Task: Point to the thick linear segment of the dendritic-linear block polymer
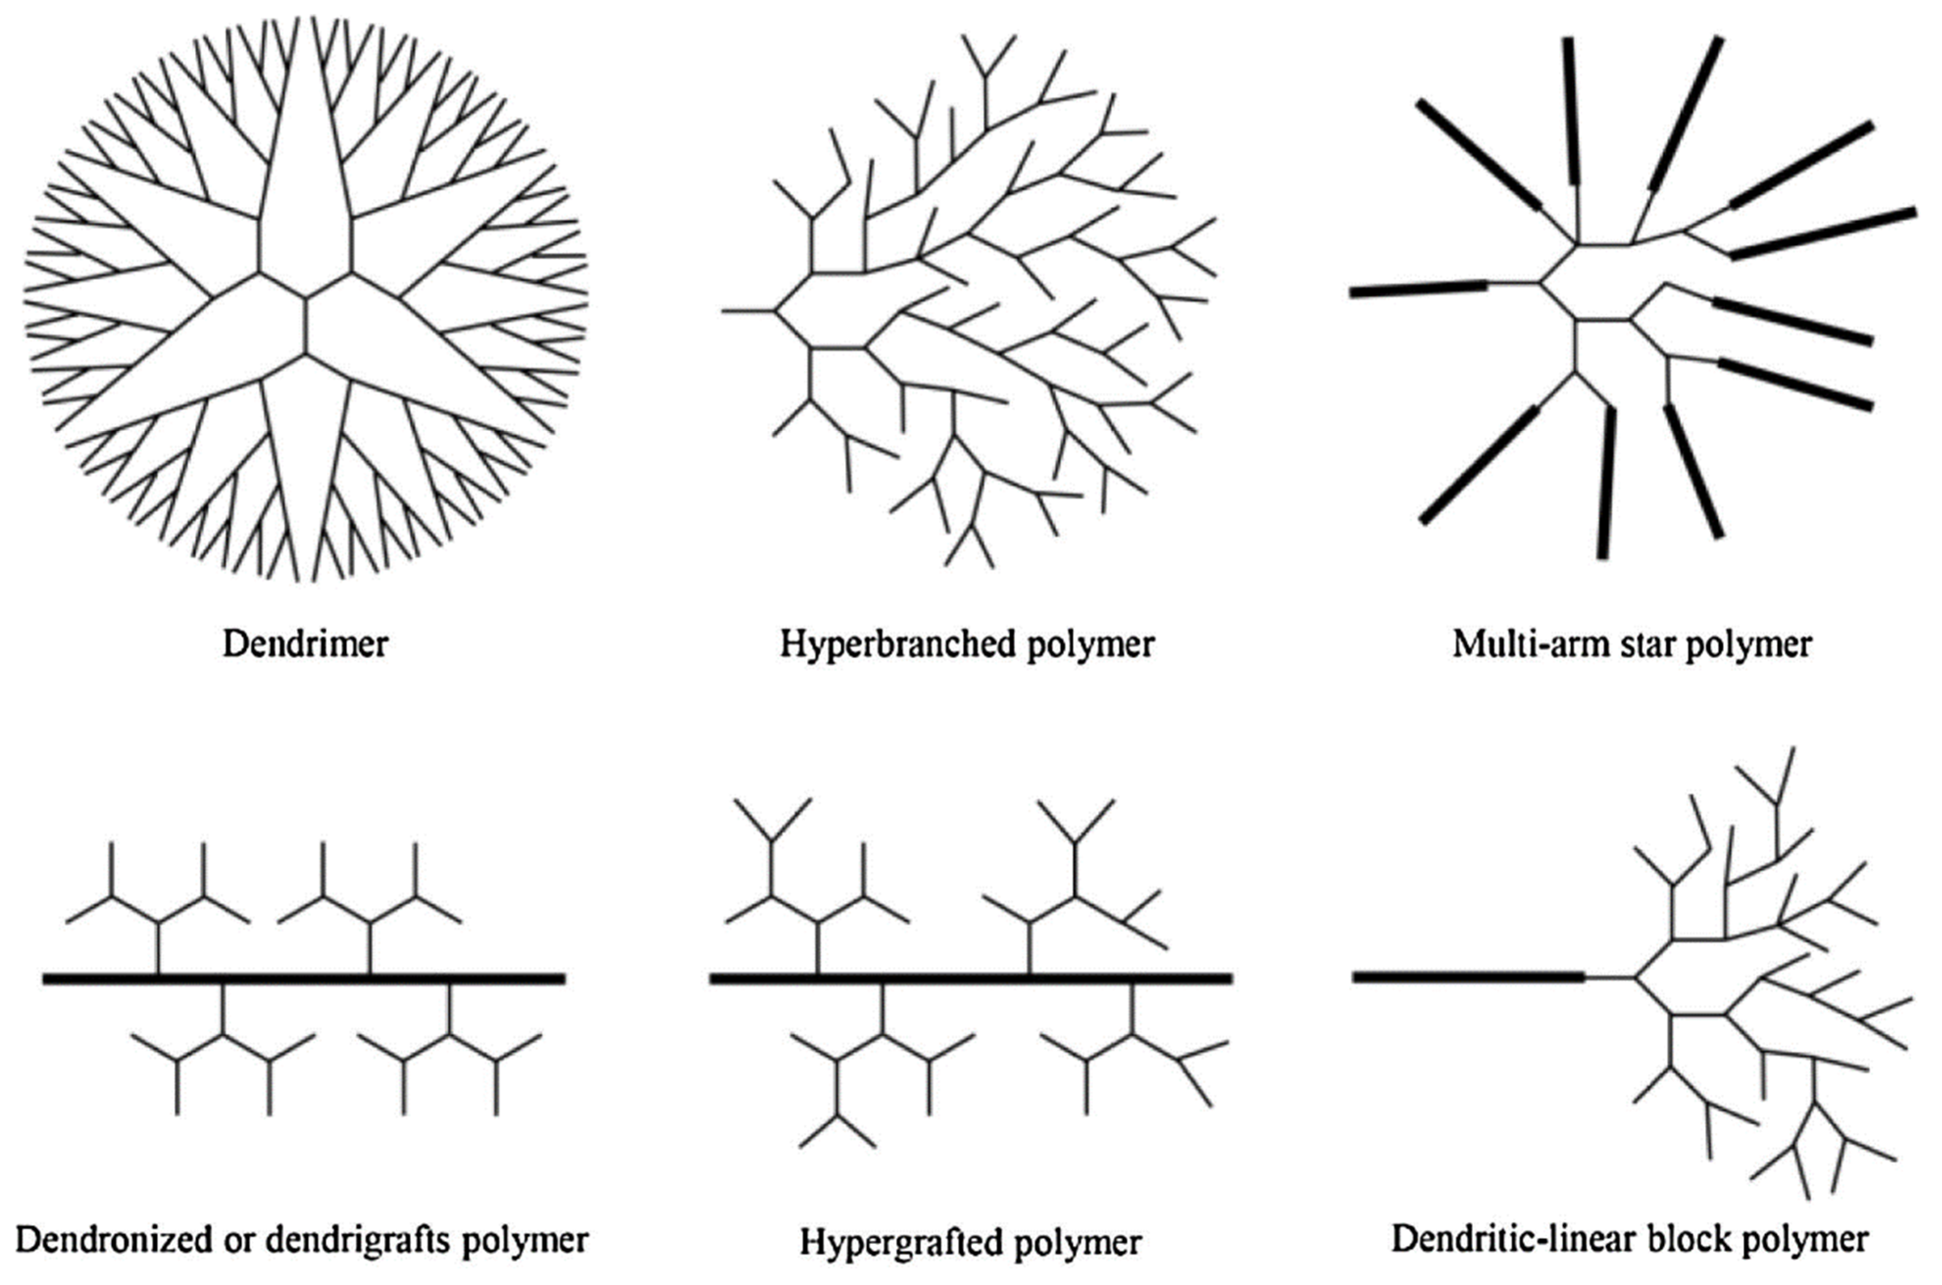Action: click(x=1467, y=976)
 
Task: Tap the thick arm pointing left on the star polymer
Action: click(x=1418, y=289)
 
